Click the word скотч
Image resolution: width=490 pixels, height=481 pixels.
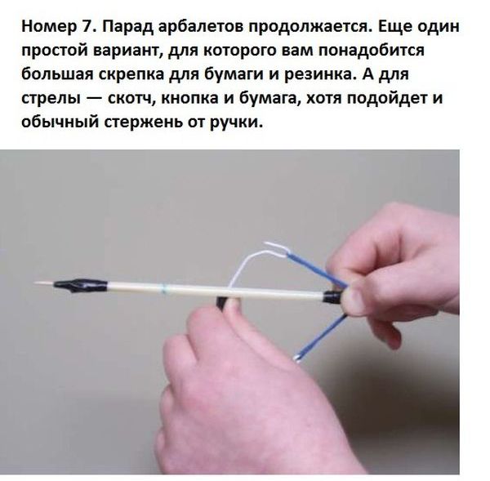131,99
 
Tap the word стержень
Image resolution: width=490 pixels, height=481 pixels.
143,122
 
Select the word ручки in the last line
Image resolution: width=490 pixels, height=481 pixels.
236,122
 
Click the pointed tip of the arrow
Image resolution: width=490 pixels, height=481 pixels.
35,283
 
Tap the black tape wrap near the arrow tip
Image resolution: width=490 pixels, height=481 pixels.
80,285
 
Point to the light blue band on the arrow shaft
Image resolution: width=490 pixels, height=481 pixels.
164,288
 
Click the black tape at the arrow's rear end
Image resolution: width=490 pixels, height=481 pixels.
334,296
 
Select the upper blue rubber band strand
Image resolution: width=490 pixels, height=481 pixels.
314,269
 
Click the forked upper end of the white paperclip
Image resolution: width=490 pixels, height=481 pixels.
276,247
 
